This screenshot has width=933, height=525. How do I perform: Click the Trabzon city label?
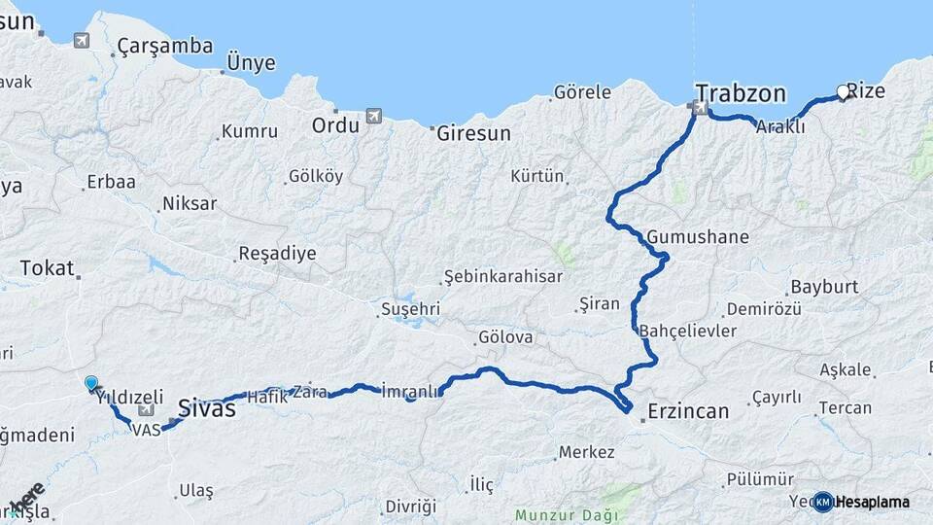pyautogui.click(x=741, y=94)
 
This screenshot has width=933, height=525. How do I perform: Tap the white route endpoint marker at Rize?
pyautogui.click(x=843, y=93)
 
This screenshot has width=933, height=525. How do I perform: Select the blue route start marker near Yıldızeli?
pyautogui.click(x=91, y=384)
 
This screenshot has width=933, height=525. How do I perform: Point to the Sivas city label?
pyautogui.click(x=208, y=408)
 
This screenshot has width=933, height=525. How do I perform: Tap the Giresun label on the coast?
pyautogui.click(x=473, y=133)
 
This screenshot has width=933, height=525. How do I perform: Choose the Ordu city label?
pyautogui.click(x=335, y=125)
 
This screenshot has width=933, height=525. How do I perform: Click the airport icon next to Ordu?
pyautogui.click(x=374, y=117)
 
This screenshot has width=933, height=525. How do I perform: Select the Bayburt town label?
pyautogui.click(x=824, y=287)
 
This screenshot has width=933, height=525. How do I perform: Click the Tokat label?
pyautogui.click(x=47, y=268)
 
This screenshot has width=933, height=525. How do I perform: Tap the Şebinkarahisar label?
pyautogui.click(x=503, y=276)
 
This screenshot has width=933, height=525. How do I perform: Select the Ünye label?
pyautogui.click(x=251, y=64)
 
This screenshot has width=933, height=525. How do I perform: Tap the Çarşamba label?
pyautogui.click(x=151, y=46)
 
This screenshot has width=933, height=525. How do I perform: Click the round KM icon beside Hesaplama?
pyautogui.click(x=823, y=502)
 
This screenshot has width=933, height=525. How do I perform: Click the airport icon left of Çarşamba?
pyautogui.click(x=81, y=40)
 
